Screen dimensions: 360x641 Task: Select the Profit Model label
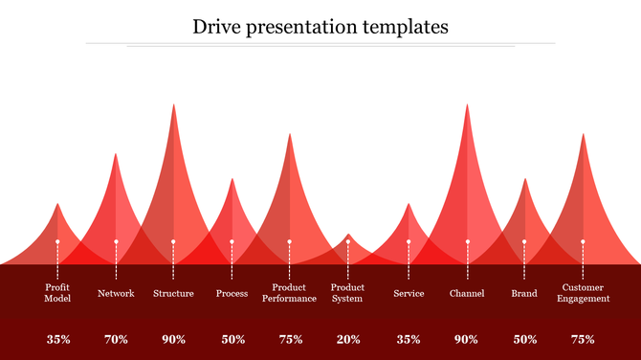[x=57, y=293]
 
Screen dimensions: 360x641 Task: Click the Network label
[x=116, y=293]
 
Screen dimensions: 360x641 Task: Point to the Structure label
[x=173, y=293]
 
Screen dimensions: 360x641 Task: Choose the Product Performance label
[x=289, y=293]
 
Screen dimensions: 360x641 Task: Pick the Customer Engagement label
[x=583, y=293]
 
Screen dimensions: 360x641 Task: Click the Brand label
[x=523, y=293]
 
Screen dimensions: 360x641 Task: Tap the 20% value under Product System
[x=348, y=339]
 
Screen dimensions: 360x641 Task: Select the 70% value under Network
[x=116, y=339]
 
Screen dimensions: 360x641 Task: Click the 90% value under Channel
[x=466, y=339]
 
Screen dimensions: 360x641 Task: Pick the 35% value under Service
[x=409, y=339]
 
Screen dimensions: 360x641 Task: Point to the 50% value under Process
[x=232, y=339]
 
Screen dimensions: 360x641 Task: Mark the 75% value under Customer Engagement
[x=583, y=339]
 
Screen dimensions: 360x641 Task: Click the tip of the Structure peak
[x=173, y=105]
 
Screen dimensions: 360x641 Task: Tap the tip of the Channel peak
[x=467, y=105]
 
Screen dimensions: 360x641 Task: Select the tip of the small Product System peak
[x=348, y=234]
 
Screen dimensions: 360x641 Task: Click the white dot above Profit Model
[x=57, y=242]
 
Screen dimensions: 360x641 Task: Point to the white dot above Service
[x=409, y=242]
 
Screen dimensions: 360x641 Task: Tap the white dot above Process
[x=232, y=242]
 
